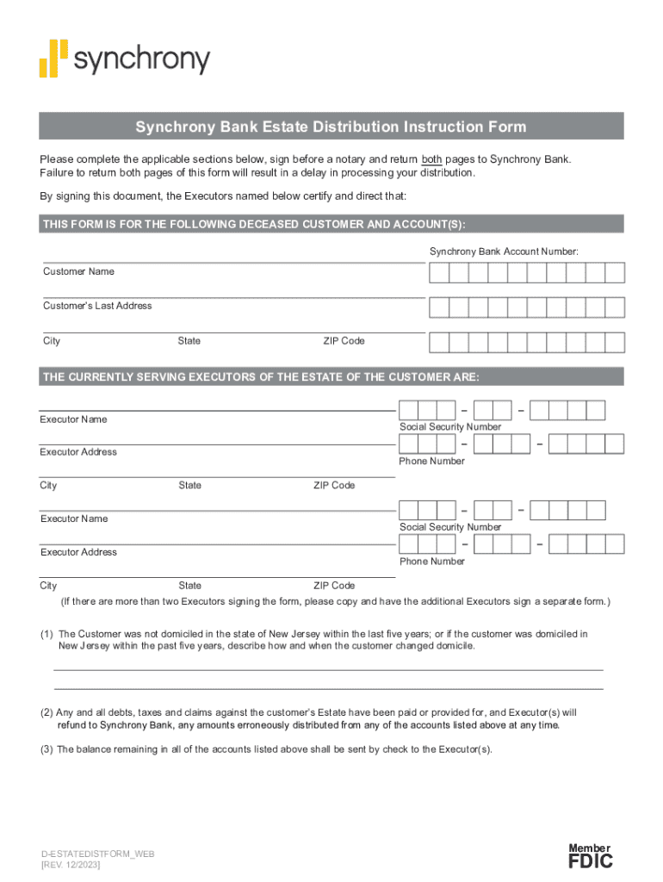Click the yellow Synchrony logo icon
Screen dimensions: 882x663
(53, 59)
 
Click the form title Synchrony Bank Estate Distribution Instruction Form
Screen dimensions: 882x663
(331, 127)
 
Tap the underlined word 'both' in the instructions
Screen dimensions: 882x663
(431, 159)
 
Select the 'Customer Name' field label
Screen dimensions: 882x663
(78, 271)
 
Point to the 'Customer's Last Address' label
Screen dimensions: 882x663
(97, 306)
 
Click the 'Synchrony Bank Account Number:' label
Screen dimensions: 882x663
(504, 251)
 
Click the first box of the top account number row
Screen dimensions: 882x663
(439, 273)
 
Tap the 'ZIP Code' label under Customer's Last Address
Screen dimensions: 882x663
(344, 341)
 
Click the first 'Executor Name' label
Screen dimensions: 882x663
(73, 419)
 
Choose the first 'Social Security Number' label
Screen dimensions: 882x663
(449, 427)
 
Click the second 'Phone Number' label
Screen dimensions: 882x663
(431, 562)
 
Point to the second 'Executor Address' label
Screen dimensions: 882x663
(78, 552)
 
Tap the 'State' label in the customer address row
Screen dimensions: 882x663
(189, 341)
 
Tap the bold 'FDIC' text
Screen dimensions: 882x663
(590, 861)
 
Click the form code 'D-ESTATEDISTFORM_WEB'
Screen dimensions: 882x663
(97, 854)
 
